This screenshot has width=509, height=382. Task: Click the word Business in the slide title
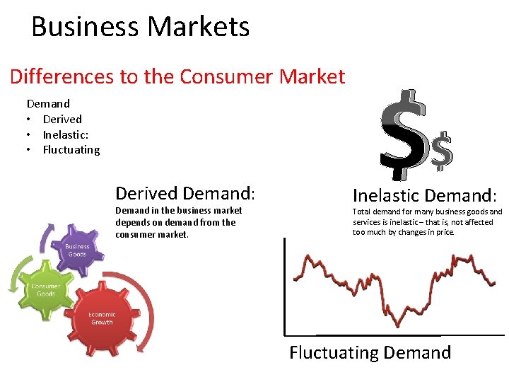pos(85,27)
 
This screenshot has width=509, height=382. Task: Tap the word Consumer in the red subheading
pos(222,76)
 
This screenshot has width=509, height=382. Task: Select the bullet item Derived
pos(62,119)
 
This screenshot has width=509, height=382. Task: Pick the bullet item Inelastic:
pos(66,134)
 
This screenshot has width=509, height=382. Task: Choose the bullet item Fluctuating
pos(71,150)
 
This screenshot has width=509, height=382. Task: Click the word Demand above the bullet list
pos(48,103)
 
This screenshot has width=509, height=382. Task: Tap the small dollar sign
pos(442,151)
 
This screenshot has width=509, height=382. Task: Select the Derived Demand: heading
pos(185,193)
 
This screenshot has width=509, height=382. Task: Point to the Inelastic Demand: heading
pos(425,195)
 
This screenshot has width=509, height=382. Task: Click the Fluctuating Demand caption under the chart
pos(370,352)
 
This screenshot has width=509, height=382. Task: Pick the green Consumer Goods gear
pos(45,290)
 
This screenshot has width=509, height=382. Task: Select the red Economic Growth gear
pos(102,318)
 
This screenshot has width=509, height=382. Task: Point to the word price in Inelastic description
pos(444,232)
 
